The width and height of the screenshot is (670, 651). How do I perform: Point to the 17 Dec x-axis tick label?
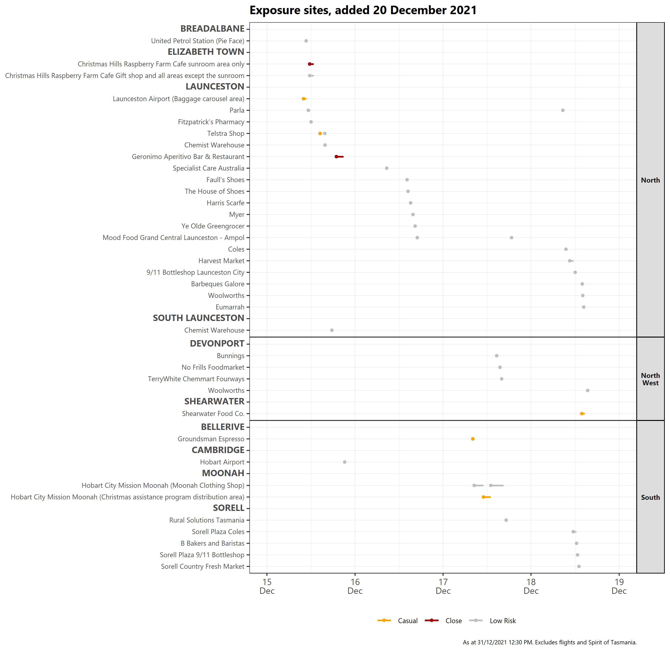point(443,586)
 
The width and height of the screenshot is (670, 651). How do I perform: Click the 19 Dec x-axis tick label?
point(619,586)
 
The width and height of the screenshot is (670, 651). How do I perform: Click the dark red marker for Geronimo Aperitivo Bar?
point(336,157)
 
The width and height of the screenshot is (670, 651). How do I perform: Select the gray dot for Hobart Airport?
point(345,462)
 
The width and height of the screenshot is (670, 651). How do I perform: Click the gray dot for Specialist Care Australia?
point(387,168)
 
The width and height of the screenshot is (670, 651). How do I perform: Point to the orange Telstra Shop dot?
point(320,133)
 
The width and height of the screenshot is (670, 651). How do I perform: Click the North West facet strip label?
point(650,379)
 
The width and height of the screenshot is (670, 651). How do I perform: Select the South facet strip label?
point(650,497)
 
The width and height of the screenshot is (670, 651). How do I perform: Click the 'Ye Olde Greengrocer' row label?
point(213,226)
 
